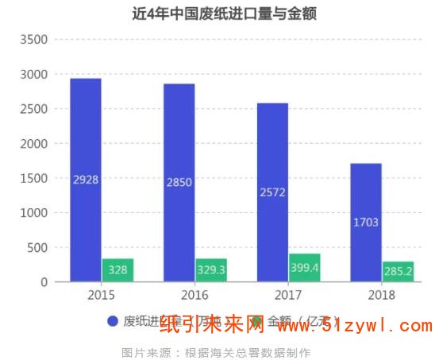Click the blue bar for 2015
pyautogui.click(x=86, y=180)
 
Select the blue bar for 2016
pyautogui.click(x=179, y=183)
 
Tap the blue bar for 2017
pyautogui.click(x=272, y=192)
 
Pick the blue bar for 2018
pyautogui.click(x=366, y=223)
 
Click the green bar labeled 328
pyautogui.click(x=117, y=270)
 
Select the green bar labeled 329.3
pyautogui.click(x=211, y=270)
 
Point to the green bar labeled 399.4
pyautogui.click(x=304, y=268)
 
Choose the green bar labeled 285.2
pyautogui.click(x=398, y=272)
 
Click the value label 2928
pyautogui.click(x=86, y=180)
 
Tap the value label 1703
pyautogui.click(x=366, y=222)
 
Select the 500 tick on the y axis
pyautogui.click(x=37, y=247)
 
